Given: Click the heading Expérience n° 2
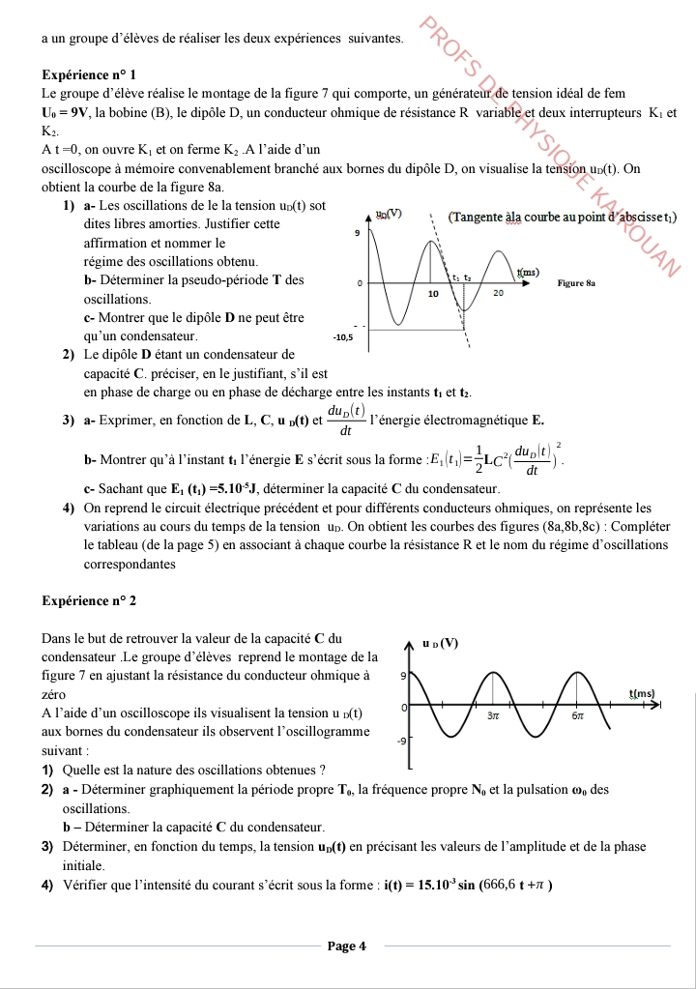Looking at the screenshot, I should point(90,600).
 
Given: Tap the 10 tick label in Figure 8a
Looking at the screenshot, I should point(433,292).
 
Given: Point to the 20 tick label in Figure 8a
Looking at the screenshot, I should point(499,292).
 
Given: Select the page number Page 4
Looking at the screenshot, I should point(347,945).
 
